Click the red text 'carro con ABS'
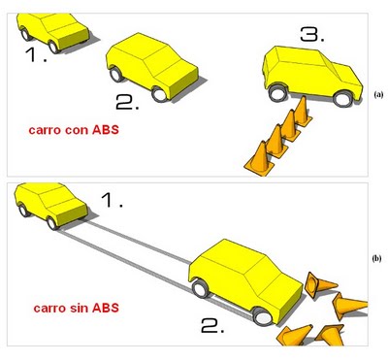click(x=74, y=130)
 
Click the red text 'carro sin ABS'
click(x=77, y=308)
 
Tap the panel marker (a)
click(x=378, y=94)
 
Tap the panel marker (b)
click(x=376, y=258)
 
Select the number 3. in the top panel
click(x=312, y=34)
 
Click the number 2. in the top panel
click(x=127, y=103)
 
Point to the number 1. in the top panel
click(x=36, y=54)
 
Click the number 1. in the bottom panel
click(x=113, y=201)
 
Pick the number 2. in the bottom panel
click(x=212, y=325)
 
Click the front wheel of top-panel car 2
click(x=159, y=94)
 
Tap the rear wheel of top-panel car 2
click(x=116, y=74)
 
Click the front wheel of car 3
click(x=342, y=99)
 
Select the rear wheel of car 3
click(x=277, y=93)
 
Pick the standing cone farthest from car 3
click(x=260, y=159)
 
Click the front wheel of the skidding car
click(x=262, y=316)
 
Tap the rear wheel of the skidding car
click(x=201, y=288)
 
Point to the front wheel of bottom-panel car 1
click(x=51, y=223)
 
